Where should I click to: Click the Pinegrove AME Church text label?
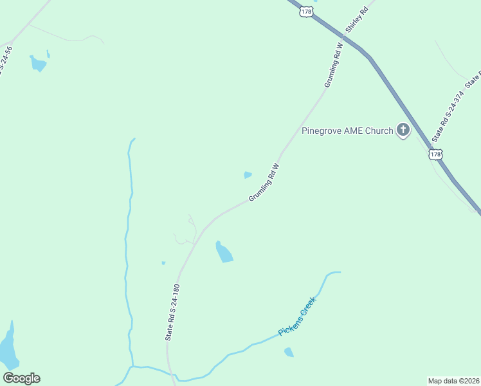(x=347, y=131)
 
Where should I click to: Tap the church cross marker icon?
(x=403, y=131)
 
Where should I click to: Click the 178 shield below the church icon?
(x=436, y=154)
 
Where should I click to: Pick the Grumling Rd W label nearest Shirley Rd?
(x=334, y=66)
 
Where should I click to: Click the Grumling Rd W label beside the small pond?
(x=265, y=183)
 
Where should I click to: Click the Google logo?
(x=21, y=378)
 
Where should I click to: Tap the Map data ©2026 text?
(x=453, y=380)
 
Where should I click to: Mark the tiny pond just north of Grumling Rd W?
(x=248, y=174)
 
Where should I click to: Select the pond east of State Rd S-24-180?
(x=223, y=252)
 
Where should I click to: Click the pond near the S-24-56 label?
(x=38, y=63)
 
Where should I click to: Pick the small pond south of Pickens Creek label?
(x=289, y=352)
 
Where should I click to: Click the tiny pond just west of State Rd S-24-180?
(x=163, y=262)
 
